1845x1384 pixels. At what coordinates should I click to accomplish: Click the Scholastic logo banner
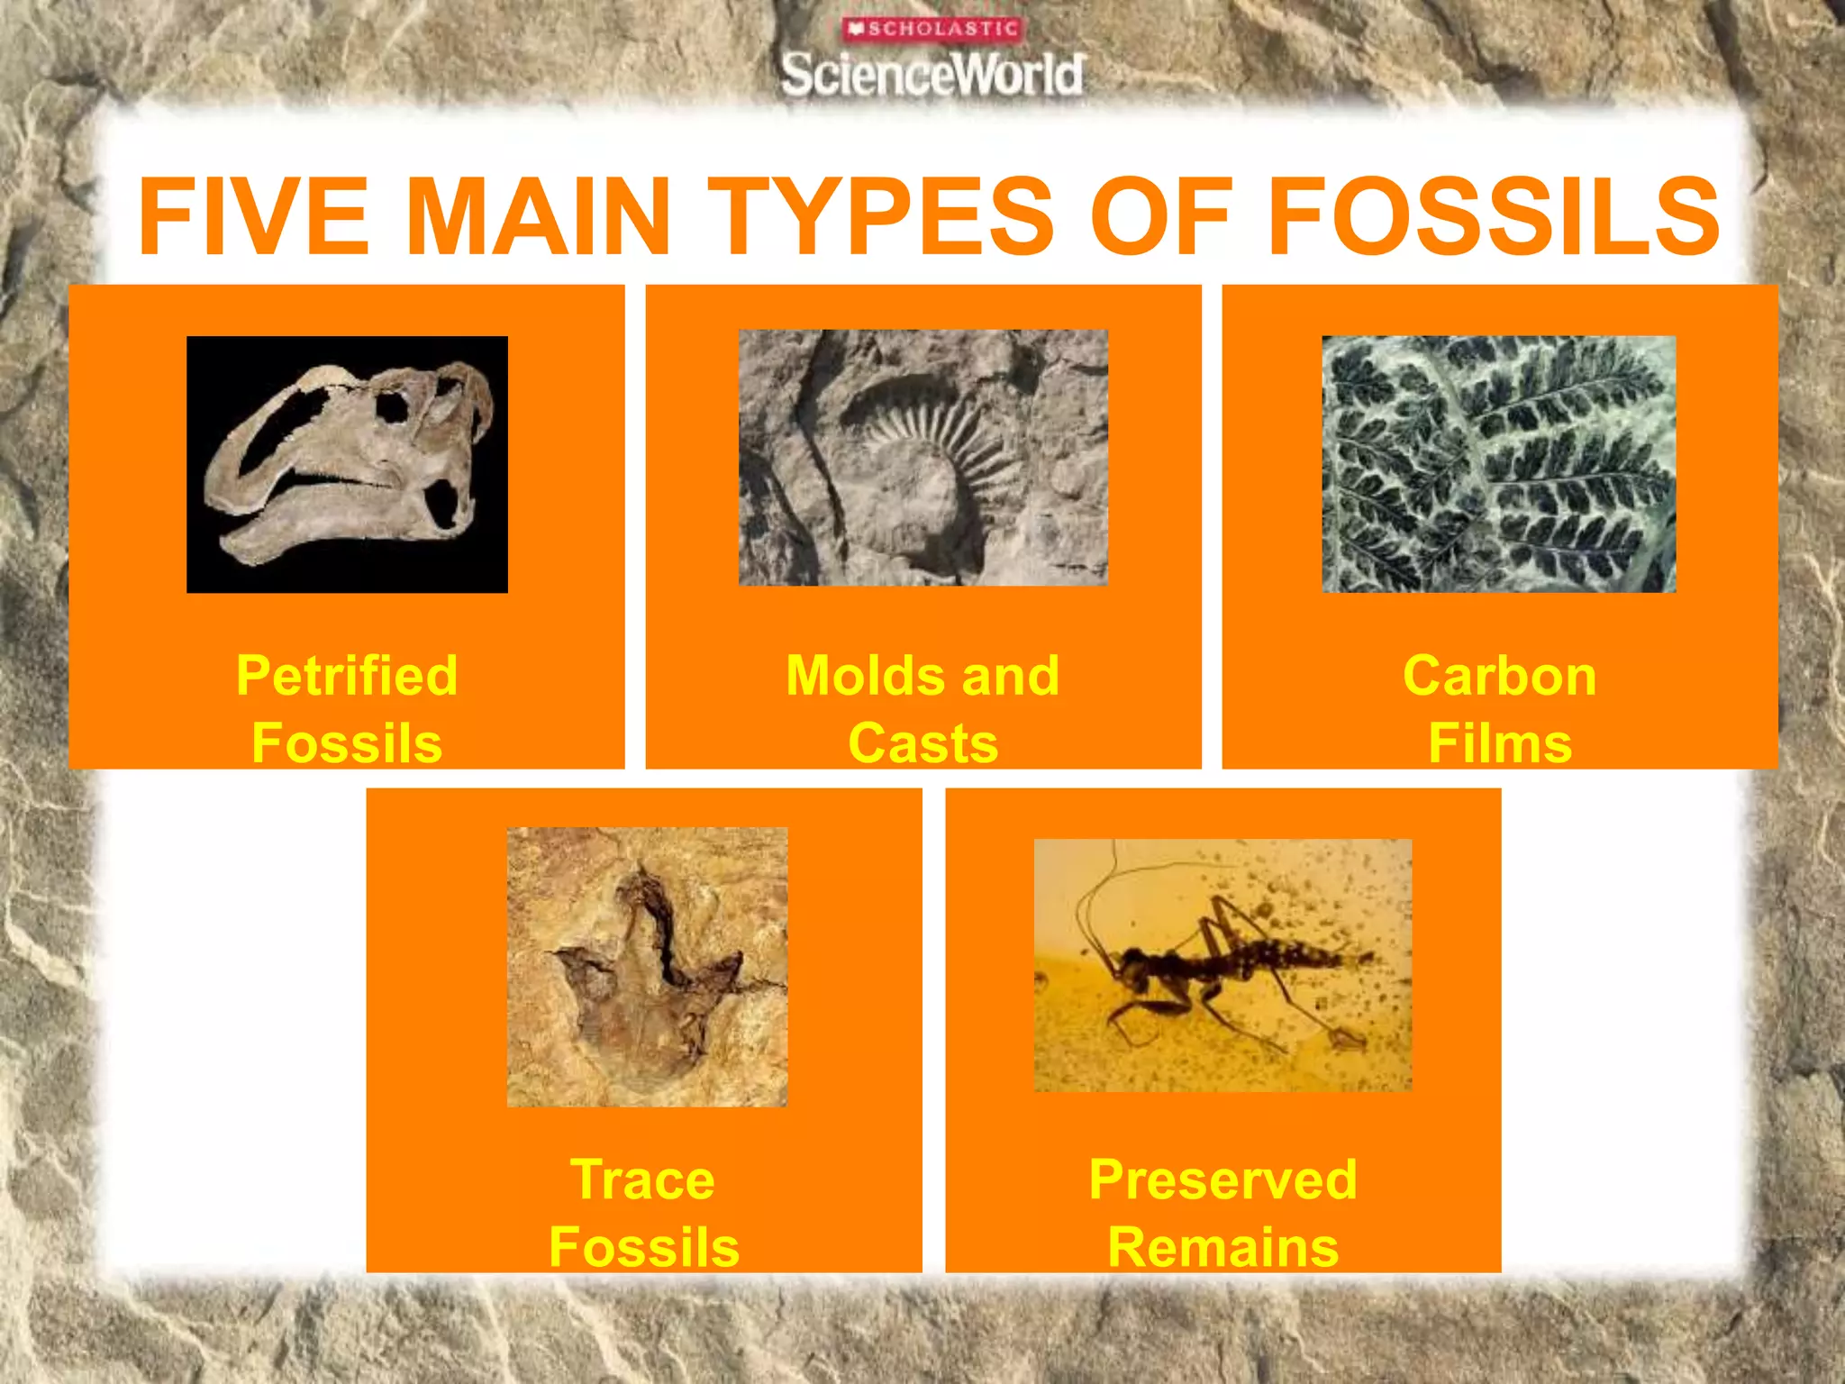pos(932,29)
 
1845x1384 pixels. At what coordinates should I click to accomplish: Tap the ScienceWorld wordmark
pos(932,75)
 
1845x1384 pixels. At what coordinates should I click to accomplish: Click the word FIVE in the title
pos(253,216)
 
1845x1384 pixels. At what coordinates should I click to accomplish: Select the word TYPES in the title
pos(880,216)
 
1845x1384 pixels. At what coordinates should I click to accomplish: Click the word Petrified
pos(347,675)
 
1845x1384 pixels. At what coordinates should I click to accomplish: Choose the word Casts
pos(923,743)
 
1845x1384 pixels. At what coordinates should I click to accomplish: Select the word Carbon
pos(1500,675)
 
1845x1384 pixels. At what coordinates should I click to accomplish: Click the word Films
pos(1500,743)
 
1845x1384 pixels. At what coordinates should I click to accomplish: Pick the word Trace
pos(643,1179)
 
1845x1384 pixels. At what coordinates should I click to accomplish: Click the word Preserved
pos(1222,1179)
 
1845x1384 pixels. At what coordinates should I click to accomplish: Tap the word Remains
pos(1222,1248)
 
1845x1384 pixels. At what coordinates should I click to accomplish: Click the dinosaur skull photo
pos(347,464)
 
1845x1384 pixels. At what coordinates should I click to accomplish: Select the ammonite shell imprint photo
pos(923,458)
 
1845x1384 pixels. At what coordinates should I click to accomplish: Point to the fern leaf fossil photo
pos(1499,464)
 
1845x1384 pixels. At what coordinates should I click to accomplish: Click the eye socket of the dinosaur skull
pos(393,407)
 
